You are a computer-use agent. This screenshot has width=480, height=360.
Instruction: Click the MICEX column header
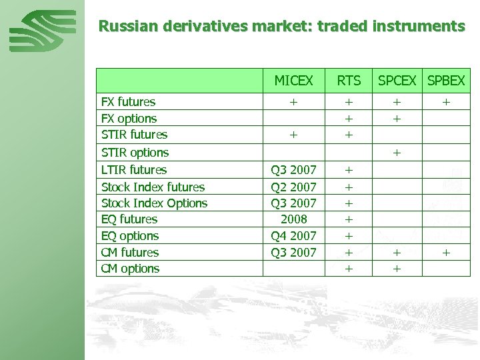[x=293, y=81]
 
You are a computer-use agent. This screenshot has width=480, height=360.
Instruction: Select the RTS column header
[x=349, y=81]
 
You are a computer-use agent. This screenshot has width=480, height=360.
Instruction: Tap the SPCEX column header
[x=397, y=81]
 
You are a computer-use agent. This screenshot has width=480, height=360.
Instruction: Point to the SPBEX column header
[x=446, y=81]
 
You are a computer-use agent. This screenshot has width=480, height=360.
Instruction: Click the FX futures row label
[x=128, y=102]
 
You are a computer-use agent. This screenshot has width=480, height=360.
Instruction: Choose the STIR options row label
[x=134, y=153]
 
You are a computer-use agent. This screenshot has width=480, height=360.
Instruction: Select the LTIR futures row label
[x=133, y=170]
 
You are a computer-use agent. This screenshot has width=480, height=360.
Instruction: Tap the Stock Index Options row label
[x=154, y=203]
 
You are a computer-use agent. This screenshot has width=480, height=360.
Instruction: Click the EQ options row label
[x=129, y=236]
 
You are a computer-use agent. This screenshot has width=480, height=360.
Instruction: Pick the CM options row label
[x=130, y=269]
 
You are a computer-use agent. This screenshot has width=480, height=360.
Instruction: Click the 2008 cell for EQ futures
[x=293, y=219]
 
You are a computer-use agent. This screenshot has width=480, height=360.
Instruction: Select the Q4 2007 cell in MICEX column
[x=293, y=236]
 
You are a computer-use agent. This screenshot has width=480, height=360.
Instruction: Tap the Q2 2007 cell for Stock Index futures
[x=293, y=187]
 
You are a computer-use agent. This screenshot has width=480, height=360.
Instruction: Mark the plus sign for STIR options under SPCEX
[x=397, y=153]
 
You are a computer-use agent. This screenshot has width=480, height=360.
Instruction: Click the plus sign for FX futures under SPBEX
[x=446, y=102]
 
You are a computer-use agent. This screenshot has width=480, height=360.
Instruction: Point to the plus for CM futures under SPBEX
[x=446, y=253]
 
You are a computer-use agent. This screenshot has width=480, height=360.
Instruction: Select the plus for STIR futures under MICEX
[x=293, y=135]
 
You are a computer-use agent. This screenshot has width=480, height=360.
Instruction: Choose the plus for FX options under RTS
[x=349, y=119]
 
